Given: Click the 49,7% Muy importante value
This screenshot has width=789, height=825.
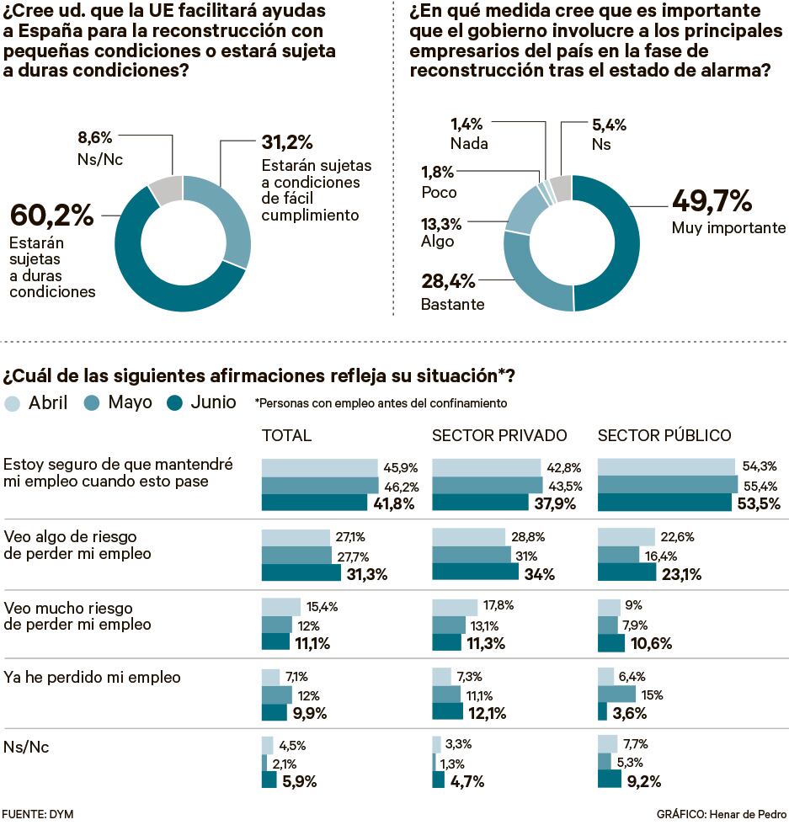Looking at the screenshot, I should pos(712,202).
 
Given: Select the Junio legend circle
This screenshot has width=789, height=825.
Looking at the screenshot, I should pos(175,402).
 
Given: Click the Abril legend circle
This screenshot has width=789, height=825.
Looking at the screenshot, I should pos(13,402).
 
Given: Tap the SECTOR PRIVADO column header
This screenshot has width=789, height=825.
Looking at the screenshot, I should pos(499,435).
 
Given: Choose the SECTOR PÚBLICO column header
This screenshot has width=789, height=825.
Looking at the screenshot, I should pos(664,435).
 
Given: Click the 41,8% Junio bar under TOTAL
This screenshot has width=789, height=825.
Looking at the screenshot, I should pos(320,503).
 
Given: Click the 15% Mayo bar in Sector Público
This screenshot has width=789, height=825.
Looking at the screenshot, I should pos(616,695).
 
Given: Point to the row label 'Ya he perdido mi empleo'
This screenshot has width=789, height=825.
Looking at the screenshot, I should pos(93,677).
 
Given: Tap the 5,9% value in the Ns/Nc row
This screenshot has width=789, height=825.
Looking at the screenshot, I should pos(300,780).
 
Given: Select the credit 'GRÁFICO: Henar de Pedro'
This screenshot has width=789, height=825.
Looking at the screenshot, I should pos(721,814).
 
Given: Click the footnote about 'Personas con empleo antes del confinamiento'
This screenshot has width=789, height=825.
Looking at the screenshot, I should pos(381,403).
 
